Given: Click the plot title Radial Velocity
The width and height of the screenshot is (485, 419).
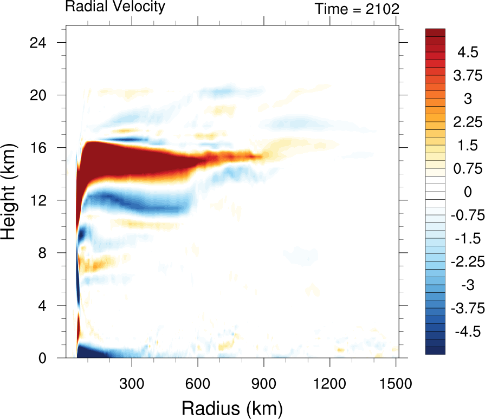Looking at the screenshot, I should tap(115, 7).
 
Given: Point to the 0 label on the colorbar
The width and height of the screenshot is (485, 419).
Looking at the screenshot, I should tap(467, 192).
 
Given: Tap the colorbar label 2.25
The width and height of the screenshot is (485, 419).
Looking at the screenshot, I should tap(467, 122).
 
